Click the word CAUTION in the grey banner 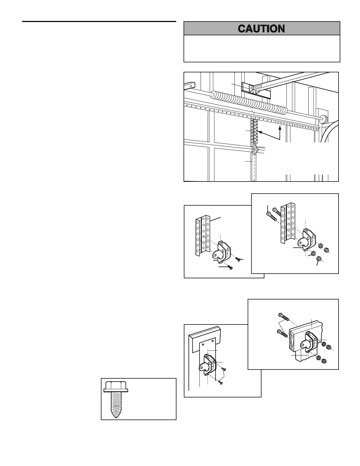click(x=261, y=29)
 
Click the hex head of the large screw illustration click(x=116, y=385)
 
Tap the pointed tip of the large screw click(x=115, y=415)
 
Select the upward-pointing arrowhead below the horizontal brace click(x=280, y=128)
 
